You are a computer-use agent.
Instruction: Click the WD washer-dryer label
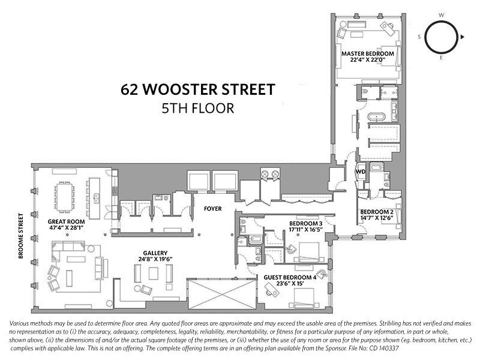(x=361, y=172)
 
